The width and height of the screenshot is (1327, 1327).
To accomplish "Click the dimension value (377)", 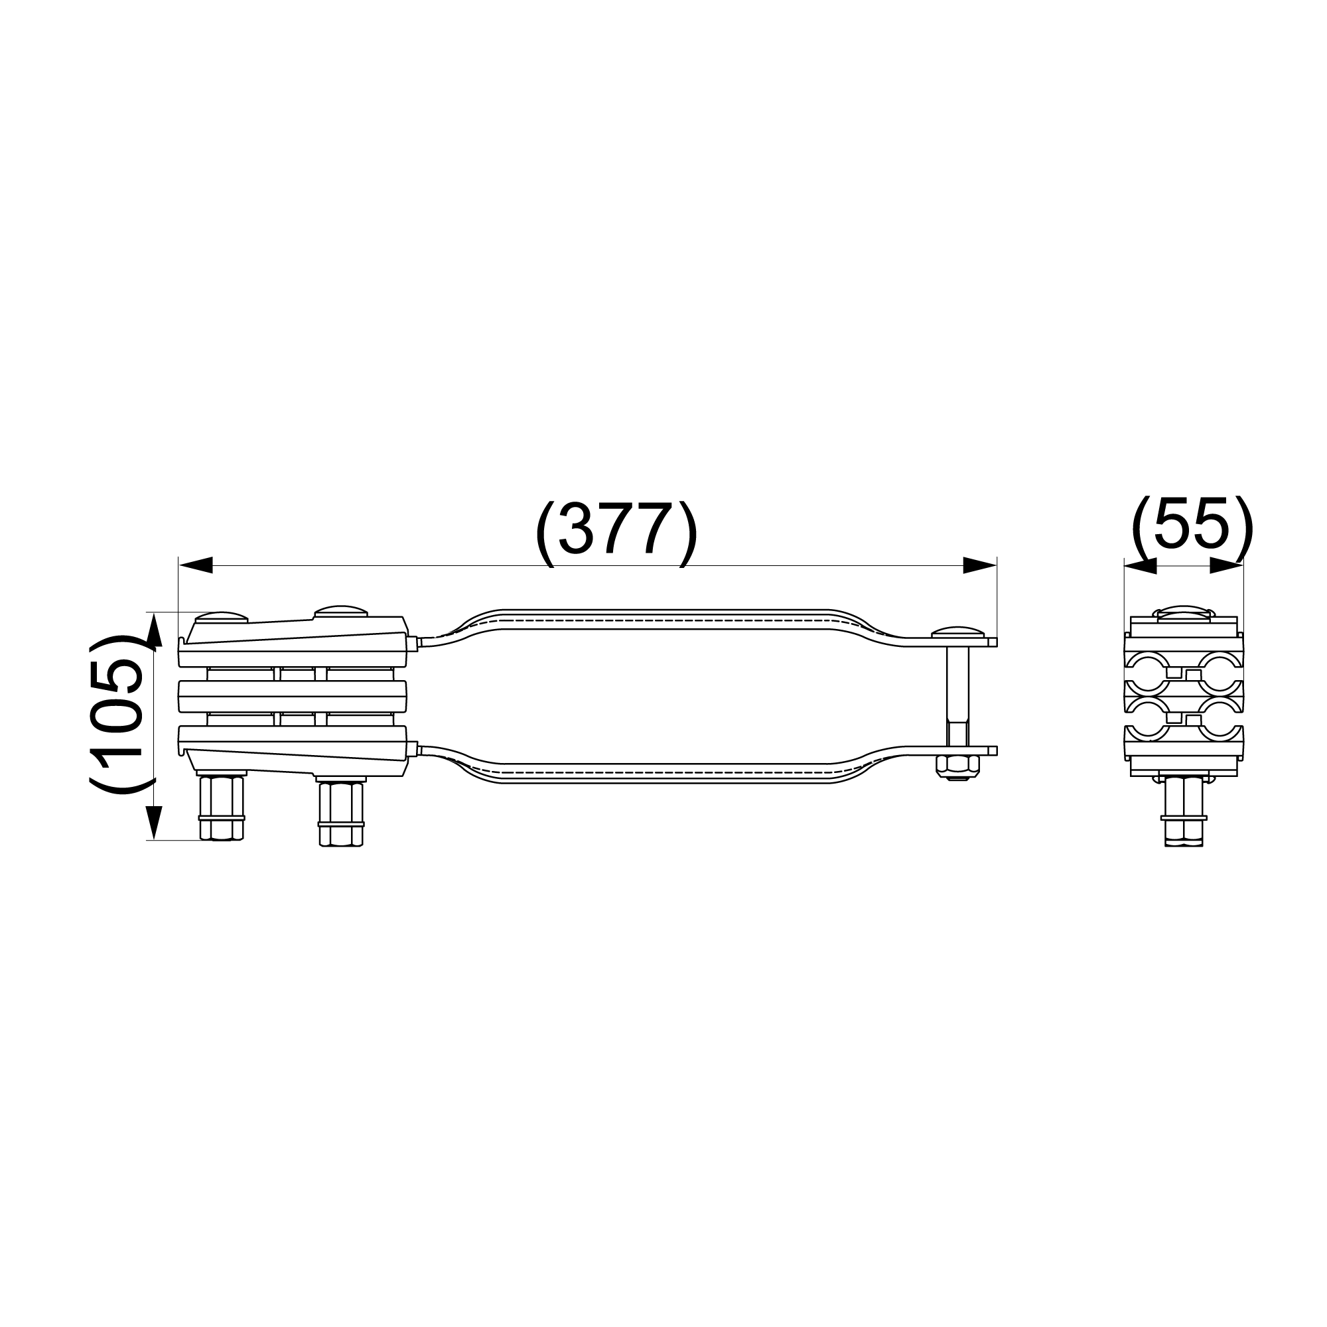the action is [616, 533].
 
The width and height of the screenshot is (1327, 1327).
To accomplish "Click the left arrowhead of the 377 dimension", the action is [195, 565].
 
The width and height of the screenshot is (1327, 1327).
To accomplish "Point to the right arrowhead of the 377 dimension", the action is [979, 565].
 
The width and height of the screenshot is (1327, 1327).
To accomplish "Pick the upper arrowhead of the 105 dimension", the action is [154, 630].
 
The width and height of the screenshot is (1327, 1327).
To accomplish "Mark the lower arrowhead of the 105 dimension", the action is [154, 822].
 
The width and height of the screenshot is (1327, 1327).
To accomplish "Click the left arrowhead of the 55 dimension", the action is [1140, 565].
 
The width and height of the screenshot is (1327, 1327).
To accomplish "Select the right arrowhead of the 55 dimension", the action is [1227, 565].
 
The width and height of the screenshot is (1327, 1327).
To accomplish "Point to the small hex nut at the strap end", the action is [957, 767].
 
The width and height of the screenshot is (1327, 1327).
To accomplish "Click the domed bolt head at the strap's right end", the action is [957, 632].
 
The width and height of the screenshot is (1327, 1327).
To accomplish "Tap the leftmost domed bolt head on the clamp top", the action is [221, 617].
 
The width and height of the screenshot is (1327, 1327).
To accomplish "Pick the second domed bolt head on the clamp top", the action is [340, 611].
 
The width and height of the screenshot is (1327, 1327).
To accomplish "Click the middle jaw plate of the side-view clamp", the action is [293, 696].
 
